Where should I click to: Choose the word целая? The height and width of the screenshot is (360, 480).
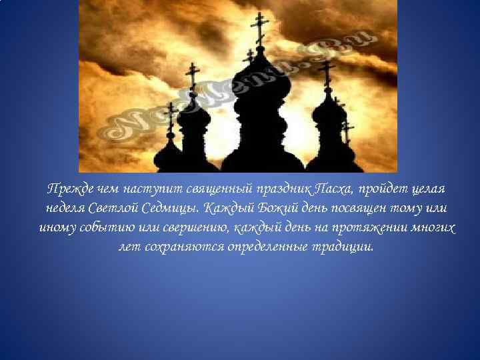[429, 189]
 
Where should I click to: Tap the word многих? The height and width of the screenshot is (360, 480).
[429, 228]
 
